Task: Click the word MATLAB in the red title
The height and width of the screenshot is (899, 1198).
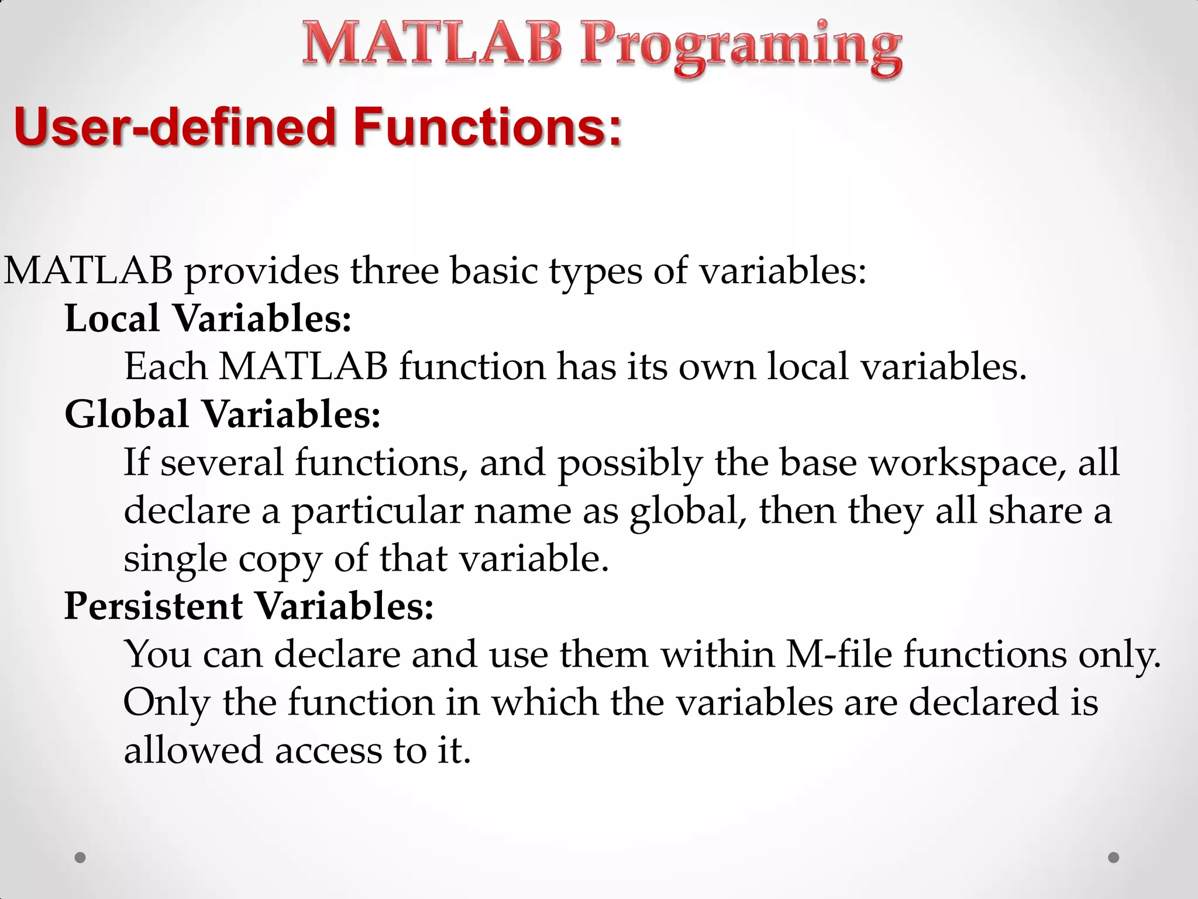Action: tap(432, 43)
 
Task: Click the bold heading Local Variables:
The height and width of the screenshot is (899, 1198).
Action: tap(208, 319)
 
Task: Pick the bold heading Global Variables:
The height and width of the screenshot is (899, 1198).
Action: tap(222, 414)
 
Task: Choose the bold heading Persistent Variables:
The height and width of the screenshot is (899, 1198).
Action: tap(249, 606)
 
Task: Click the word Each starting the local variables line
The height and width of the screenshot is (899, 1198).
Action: tap(166, 367)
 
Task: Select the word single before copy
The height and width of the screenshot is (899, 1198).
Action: tap(175, 559)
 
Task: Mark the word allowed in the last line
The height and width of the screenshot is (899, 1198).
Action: tap(193, 750)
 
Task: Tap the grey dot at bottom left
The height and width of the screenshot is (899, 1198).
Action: tap(80, 857)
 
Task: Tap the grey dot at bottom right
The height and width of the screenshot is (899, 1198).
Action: tap(1114, 857)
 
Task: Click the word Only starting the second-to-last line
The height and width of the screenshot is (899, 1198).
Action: tap(166, 702)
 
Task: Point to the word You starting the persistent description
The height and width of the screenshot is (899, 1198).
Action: tap(157, 654)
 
